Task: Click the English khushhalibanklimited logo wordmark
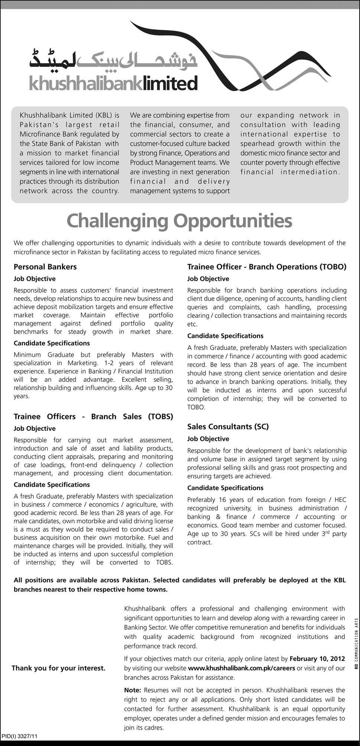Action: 113,83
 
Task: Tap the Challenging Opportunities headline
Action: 179,221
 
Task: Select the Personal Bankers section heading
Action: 45,267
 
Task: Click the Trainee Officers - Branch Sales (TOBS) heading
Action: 94,416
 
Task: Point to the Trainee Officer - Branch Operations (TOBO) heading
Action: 266,267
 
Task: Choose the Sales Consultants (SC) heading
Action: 228,426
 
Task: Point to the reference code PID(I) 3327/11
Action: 19,736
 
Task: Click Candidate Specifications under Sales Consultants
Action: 225,488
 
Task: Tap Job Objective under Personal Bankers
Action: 35,279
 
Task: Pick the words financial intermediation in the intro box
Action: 290,172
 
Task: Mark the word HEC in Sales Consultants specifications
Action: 341,500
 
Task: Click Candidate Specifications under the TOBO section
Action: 225,336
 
